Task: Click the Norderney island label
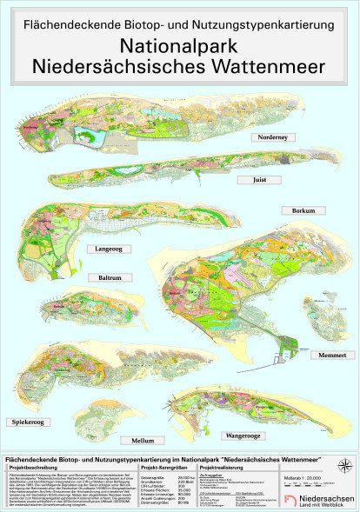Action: click(x=271, y=138)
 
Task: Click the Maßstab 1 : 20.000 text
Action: click(x=323, y=477)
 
